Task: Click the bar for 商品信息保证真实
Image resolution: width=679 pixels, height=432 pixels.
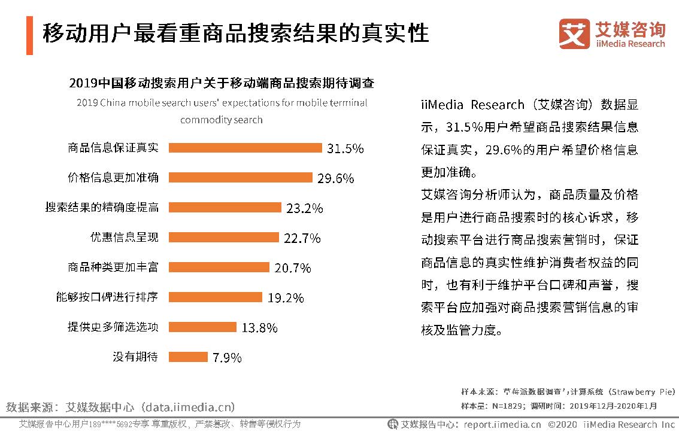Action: pos(245,148)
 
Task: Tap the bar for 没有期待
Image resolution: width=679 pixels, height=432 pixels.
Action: pos(188,357)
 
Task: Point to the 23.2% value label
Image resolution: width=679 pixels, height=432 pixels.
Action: pos(305,208)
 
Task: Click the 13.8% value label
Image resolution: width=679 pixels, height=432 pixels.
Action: pos(259,328)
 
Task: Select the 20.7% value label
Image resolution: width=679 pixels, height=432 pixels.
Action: pos(293,268)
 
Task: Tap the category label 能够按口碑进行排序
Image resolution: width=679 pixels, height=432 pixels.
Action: pos(113,297)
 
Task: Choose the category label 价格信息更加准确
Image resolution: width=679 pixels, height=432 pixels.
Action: pos(113,178)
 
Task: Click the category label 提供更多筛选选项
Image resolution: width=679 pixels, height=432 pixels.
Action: pos(113,327)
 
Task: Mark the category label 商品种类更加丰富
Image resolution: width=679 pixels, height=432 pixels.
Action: pos(113,267)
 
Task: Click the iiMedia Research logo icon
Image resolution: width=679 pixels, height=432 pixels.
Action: pos(574,34)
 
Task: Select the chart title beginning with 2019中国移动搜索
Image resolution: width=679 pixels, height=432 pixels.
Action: pos(222,83)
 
